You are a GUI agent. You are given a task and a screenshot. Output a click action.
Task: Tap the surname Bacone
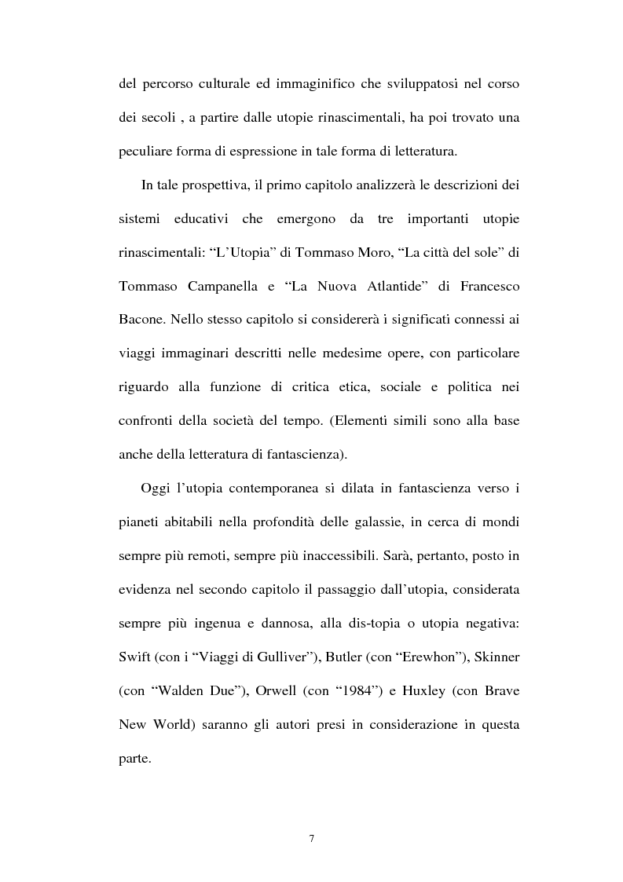pos(141,320)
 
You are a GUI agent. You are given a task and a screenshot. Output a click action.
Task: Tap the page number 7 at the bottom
pos(311,839)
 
